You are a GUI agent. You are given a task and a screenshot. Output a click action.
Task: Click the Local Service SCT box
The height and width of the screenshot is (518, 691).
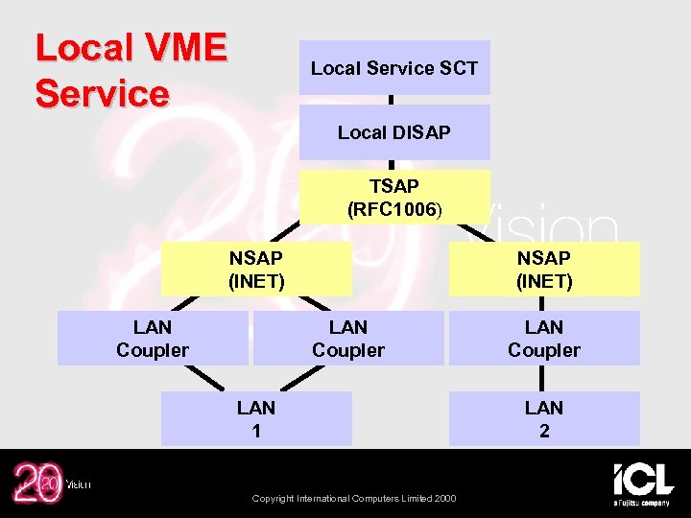tap(394, 67)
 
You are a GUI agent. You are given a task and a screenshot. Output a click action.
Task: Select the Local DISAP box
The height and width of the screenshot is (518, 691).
tap(394, 132)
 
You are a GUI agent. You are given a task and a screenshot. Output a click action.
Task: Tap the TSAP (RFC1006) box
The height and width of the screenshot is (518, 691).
tap(394, 197)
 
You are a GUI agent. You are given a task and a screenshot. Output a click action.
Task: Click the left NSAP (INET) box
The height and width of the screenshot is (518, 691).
tap(256, 269)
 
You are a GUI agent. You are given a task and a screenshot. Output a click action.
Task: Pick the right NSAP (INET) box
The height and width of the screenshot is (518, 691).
tap(544, 269)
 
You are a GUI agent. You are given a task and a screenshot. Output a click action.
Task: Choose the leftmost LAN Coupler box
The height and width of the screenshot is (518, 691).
tap(153, 339)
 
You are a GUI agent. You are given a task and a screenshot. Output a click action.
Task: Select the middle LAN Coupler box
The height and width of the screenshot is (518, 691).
tap(348, 339)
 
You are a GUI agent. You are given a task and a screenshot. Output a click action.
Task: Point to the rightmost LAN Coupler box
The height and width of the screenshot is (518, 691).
tap(544, 339)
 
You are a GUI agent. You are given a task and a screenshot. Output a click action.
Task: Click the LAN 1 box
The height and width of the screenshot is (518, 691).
tap(256, 419)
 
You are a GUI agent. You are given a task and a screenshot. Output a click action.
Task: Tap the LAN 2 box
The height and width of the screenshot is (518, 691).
tap(544, 419)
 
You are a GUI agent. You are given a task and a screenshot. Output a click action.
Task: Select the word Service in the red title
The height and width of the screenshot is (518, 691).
tap(102, 94)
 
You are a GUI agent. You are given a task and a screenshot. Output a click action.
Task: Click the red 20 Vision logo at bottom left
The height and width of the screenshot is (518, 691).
tap(38, 483)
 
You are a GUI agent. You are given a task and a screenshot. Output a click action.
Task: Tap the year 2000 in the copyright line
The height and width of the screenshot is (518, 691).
tap(445, 497)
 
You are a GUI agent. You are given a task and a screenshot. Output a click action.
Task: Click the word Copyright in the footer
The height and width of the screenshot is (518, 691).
tap(274, 497)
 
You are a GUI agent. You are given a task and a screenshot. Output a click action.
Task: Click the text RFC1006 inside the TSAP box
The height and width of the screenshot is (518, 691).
tap(393, 208)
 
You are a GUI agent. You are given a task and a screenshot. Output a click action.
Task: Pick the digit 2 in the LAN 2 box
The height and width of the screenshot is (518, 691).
tap(544, 431)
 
